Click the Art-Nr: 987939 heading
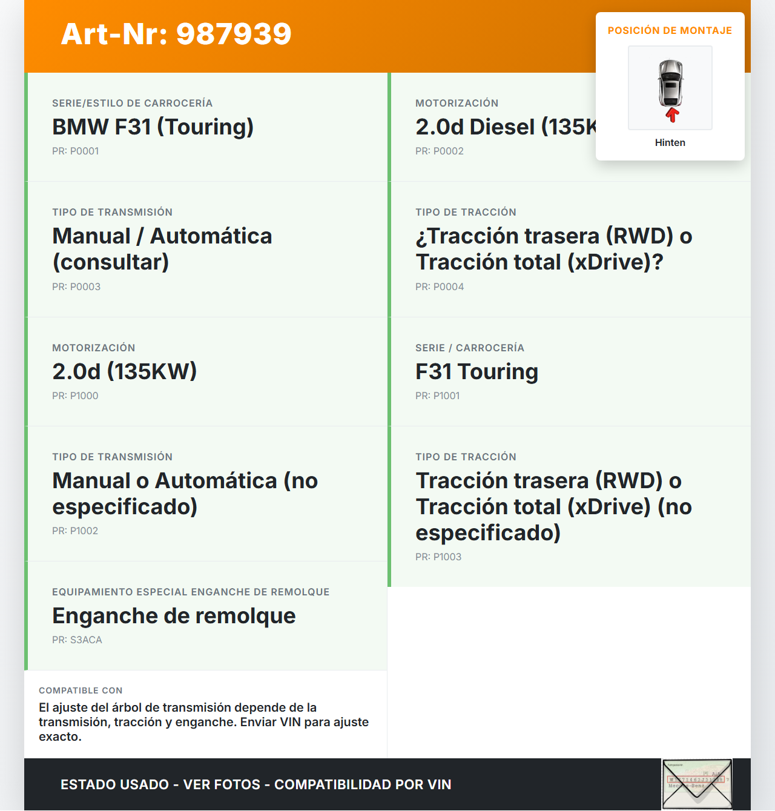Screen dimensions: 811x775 [x=176, y=34]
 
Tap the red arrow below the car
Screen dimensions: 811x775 [x=672, y=114]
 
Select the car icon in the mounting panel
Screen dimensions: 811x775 [x=670, y=84]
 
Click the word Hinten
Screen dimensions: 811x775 [x=670, y=143]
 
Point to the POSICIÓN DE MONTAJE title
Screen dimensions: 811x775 [x=670, y=31]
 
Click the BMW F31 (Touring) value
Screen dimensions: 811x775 [x=153, y=127]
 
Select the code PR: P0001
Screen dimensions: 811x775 [x=75, y=151]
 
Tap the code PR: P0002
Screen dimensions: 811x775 [x=439, y=151]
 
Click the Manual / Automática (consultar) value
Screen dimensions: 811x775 [x=162, y=249]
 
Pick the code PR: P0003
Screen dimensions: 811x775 [x=76, y=287]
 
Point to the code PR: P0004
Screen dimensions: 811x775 [x=439, y=287]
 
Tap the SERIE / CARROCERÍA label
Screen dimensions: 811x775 [x=469, y=348]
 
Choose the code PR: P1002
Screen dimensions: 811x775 [x=75, y=531]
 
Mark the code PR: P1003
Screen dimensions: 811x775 [x=438, y=557]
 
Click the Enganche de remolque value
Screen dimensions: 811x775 [x=174, y=616]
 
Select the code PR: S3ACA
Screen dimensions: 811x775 [x=77, y=640]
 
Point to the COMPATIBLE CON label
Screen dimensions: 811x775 [x=81, y=690]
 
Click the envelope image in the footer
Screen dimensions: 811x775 [x=697, y=784]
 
